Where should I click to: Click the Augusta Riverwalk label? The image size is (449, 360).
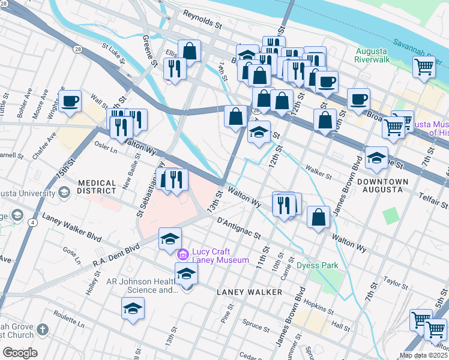[372, 55]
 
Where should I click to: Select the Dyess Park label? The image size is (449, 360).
[318, 265]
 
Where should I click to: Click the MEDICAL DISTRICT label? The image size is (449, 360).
[97, 187]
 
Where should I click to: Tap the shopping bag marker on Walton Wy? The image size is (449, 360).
[319, 217]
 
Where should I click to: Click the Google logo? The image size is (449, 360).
[20, 353]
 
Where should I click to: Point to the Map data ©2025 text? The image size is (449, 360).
[423, 355]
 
